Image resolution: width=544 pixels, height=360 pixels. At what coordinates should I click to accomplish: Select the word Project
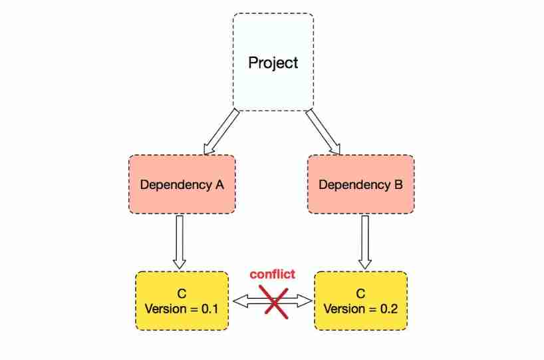(273, 63)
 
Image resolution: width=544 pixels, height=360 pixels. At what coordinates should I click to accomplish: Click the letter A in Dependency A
(219, 184)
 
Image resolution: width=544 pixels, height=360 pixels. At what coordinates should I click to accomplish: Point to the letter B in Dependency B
(398, 184)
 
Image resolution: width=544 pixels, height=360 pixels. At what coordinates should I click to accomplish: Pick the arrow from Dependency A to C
(179, 241)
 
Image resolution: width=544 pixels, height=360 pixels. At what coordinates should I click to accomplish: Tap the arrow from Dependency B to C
(364, 241)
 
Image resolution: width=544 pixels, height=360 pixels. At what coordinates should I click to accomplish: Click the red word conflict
(272, 274)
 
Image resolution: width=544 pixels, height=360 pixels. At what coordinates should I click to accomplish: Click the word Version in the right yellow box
(344, 309)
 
